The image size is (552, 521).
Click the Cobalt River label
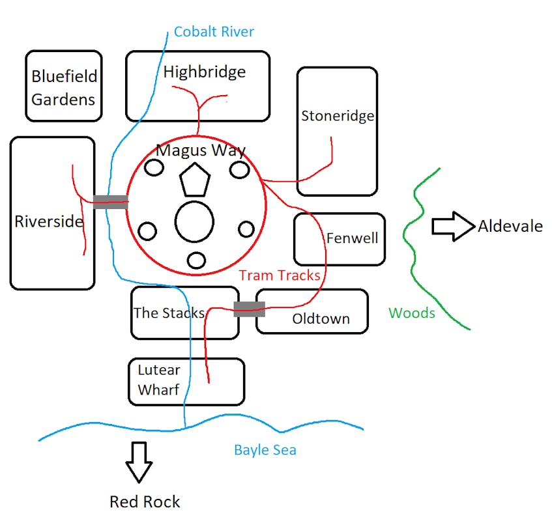[214, 31]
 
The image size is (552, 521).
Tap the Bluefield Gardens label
[64, 87]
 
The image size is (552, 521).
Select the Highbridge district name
[205, 72]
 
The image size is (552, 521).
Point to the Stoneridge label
[338, 116]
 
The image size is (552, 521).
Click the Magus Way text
[201, 151]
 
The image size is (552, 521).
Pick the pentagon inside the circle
[196, 182]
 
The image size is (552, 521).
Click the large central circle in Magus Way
[195, 222]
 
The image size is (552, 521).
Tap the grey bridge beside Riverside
[110, 202]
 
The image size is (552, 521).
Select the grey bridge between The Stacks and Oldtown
[249, 309]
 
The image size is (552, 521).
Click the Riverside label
[49, 221]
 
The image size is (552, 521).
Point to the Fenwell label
[352, 238]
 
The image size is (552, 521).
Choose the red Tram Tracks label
[280, 275]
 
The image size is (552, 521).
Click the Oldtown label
[321, 318]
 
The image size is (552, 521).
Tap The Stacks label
[169, 313]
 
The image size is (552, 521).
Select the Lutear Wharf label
[158, 380]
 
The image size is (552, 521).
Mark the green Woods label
[411, 313]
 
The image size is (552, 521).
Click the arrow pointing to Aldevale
[453, 226]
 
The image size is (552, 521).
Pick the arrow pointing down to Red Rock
[139, 462]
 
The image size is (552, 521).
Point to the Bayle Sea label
[265, 450]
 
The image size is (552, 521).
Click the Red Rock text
[145, 501]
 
